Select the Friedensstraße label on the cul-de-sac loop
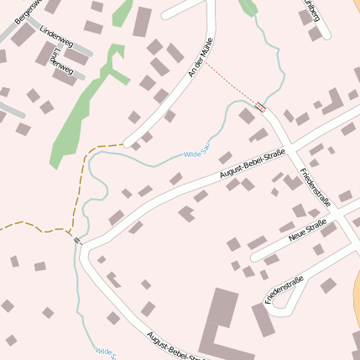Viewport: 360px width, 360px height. click(x=284, y=290)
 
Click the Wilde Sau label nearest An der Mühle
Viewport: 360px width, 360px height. click(x=196, y=154)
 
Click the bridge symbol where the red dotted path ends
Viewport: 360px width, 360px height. click(x=261, y=107)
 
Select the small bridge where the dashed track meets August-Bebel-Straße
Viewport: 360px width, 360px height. click(x=78, y=240)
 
